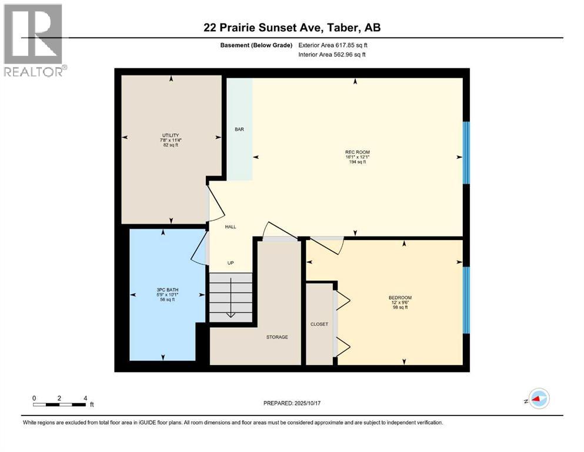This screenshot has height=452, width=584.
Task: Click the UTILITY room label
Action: (171, 135)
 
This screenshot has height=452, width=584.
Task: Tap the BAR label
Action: (239, 129)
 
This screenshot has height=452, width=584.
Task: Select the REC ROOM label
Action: (357, 152)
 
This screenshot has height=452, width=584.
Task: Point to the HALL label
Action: (231, 227)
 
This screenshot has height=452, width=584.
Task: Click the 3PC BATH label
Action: (163, 290)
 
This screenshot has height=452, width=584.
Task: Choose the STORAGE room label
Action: (276, 337)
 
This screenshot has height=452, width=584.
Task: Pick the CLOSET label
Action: (319, 324)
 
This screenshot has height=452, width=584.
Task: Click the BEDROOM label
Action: (400, 297)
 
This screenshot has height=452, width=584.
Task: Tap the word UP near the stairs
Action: (231, 262)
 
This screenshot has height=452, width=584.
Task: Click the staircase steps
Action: (231, 297)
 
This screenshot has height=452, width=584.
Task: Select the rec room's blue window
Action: (466, 152)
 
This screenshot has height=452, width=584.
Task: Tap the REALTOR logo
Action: (34, 40)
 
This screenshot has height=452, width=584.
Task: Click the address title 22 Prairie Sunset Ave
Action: (292, 28)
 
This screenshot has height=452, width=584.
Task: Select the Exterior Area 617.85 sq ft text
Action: (332, 45)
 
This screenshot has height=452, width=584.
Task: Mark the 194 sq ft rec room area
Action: (357, 162)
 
